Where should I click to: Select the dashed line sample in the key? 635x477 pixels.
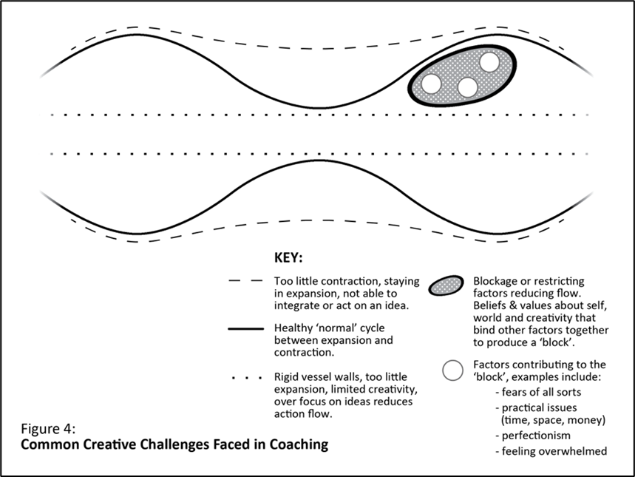(246, 281)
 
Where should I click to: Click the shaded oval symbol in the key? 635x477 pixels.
(446, 286)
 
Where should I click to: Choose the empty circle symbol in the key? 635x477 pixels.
(452, 370)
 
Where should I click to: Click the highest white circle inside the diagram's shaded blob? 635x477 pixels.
(489, 62)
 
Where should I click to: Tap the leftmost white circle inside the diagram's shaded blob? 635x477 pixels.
(431, 84)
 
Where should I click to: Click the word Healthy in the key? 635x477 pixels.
(294, 328)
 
